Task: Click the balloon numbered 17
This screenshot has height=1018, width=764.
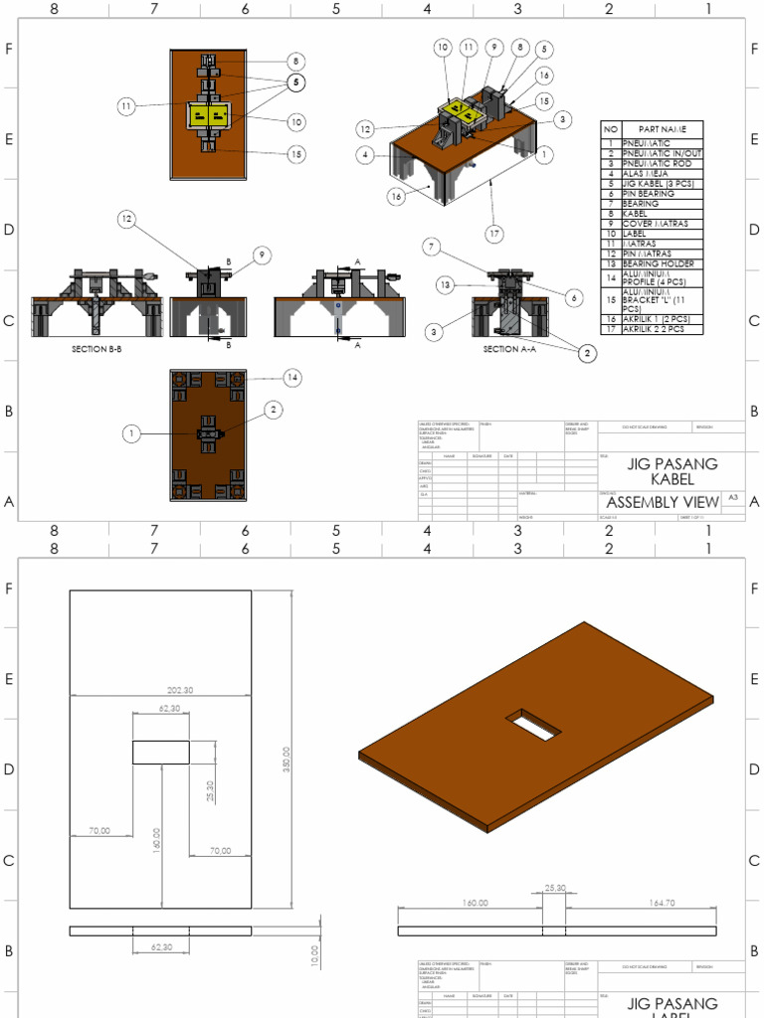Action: click(x=493, y=234)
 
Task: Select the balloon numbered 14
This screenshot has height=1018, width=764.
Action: click(x=292, y=378)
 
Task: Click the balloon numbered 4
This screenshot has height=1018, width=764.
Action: click(x=367, y=155)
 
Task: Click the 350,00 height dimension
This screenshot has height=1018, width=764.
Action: click(x=287, y=758)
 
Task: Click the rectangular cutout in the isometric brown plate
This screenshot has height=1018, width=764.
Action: click(x=532, y=725)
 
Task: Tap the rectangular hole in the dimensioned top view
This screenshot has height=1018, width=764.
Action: click(x=160, y=752)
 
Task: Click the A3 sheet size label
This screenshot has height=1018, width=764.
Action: click(x=733, y=496)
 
